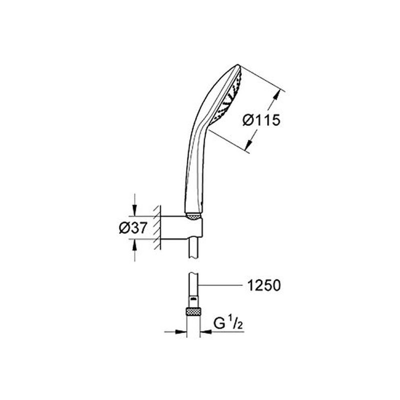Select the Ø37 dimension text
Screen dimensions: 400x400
tap(132, 228)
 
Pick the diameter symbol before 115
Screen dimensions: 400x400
tap(247, 120)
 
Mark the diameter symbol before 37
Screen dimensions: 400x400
tap(124, 228)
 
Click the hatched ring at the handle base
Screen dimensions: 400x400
tap(194, 216)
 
